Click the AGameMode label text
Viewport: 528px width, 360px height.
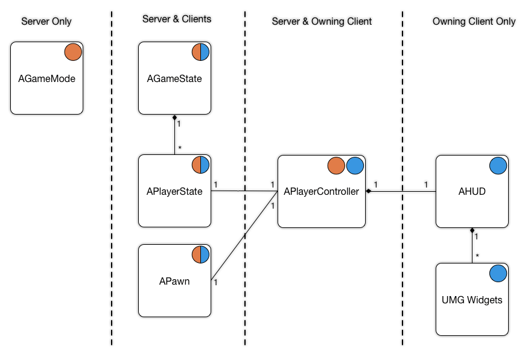[46, 78]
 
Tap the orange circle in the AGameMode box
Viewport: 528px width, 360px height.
[73, 52]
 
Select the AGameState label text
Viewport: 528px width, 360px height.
[174, 78]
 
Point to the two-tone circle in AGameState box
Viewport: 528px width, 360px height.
[200, 52]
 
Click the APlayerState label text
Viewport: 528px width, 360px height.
[174, 192]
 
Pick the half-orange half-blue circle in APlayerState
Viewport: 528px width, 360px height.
[200, 165]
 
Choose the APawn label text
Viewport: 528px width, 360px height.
[174, 280]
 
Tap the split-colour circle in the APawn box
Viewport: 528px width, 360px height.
[200, 254]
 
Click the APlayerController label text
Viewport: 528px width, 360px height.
[322, 192]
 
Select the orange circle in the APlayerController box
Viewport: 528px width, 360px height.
[336, 165]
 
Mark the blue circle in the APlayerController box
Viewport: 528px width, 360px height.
[355, 165]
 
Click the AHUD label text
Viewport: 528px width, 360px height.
[472, 192]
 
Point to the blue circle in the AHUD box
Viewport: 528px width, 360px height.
[498, 165]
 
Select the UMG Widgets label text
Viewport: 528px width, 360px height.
[472, 300]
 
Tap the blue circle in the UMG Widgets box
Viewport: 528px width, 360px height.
[498, 273]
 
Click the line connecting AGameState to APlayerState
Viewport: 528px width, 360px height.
[174, 134]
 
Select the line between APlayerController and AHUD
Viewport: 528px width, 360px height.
[401, 192]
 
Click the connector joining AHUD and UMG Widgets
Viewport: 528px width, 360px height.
[472, 245]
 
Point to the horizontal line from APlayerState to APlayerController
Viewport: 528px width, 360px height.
[244, 192]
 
